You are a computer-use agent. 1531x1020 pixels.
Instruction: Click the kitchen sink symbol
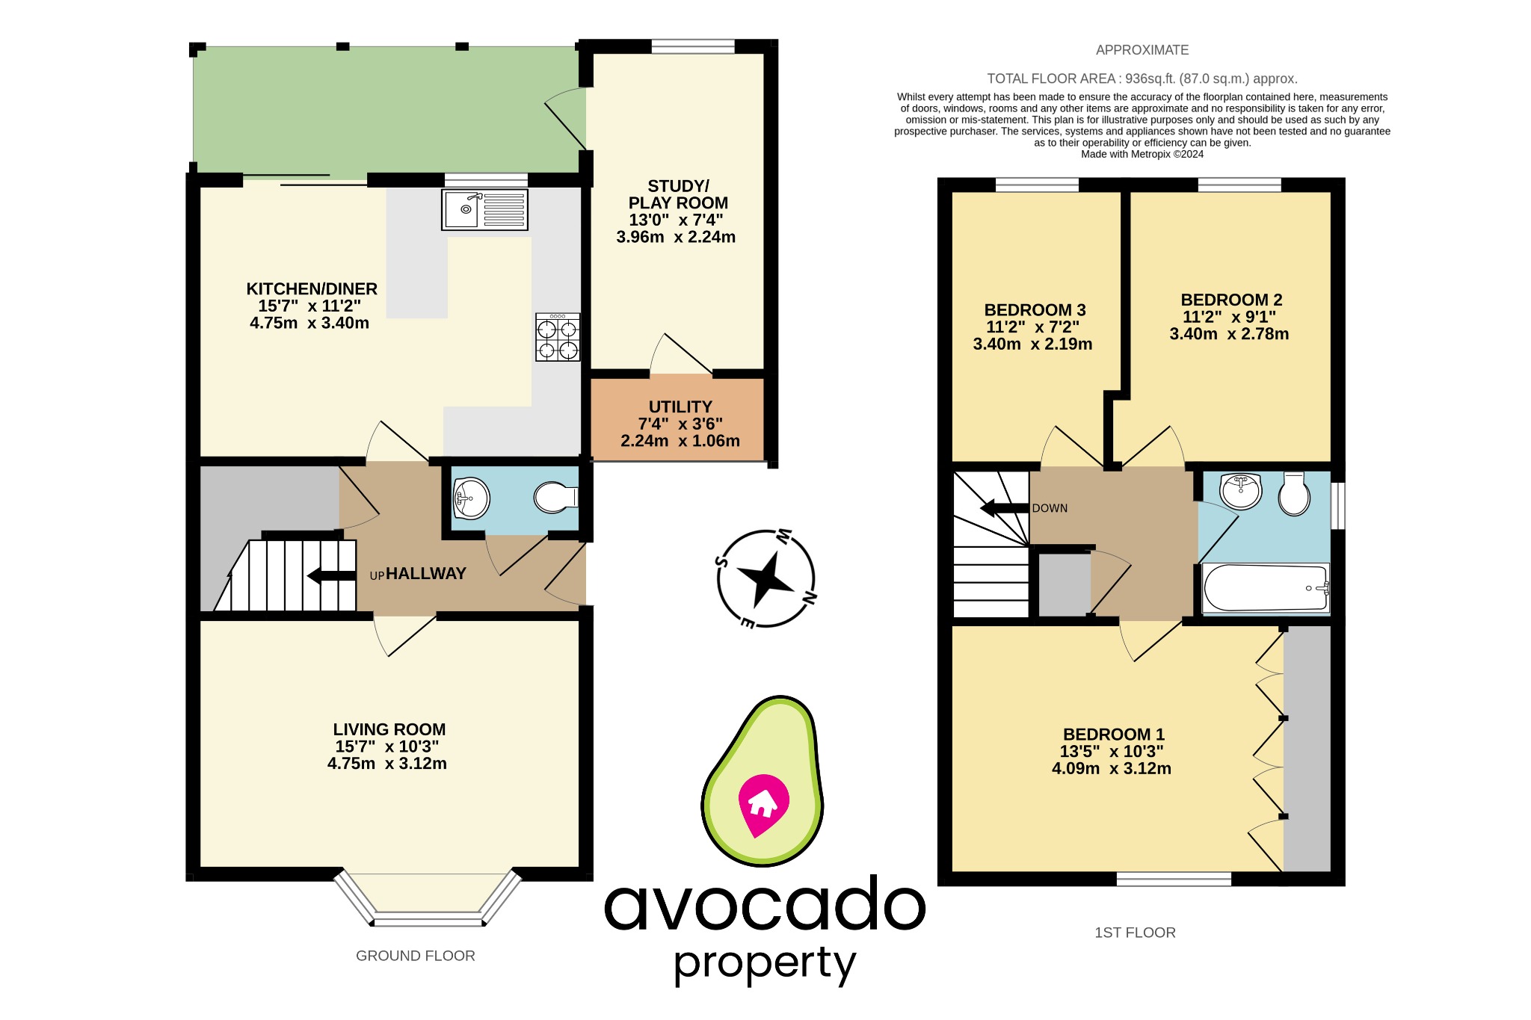click(x=484, y=209)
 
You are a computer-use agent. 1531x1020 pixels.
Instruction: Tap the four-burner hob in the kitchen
click(x=558, y=338)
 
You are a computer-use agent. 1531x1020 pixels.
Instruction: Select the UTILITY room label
click(x=680, y=407)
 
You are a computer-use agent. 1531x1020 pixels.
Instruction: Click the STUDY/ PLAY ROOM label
click(x=677, y=194)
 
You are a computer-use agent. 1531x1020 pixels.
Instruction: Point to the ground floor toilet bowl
click(x=555, y=497)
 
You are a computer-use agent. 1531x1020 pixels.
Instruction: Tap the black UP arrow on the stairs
click(x=331, y=575)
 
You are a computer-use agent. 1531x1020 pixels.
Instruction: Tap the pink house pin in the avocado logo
click(x=763, y=804)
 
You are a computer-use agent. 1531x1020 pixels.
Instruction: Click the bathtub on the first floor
click(x=1265, y=589)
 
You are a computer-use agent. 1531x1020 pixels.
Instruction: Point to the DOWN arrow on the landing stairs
click(x=1003, y=508)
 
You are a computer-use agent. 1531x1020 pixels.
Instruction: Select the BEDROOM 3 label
click(x=1035, y=310)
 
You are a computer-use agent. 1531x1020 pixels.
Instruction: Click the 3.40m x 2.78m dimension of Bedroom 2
click(x=1229, y=334)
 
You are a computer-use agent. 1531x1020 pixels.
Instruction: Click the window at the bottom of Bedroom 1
click(x=1174, y=880)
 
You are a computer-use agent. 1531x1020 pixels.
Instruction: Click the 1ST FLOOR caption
click(x=1135, y=933)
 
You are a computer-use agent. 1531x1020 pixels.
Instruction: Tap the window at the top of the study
click(x=693, y=46)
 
